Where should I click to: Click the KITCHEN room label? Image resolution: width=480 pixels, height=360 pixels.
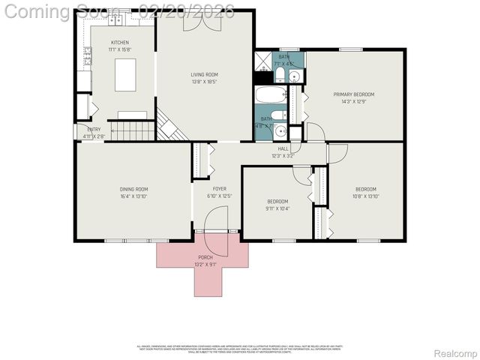[119, 43]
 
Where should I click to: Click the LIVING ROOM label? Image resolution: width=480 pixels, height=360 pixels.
[203, 74]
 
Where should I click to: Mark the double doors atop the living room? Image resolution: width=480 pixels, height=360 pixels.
[202, 22]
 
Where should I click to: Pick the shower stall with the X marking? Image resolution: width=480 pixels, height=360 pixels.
[263, 61]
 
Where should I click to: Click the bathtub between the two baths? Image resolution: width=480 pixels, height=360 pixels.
[271, 95]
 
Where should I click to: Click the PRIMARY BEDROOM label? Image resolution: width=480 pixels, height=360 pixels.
[353, 94]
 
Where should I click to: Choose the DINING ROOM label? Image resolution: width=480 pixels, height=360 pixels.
[133, 189]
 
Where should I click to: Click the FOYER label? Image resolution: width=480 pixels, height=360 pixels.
[219, 189]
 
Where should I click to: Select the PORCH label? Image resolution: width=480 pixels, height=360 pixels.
[205, 257]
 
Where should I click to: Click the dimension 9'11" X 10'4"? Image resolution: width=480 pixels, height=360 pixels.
[277, 208]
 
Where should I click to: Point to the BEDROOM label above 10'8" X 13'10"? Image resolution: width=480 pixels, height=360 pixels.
[365, 189]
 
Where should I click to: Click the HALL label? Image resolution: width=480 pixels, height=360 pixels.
[283, 148]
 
